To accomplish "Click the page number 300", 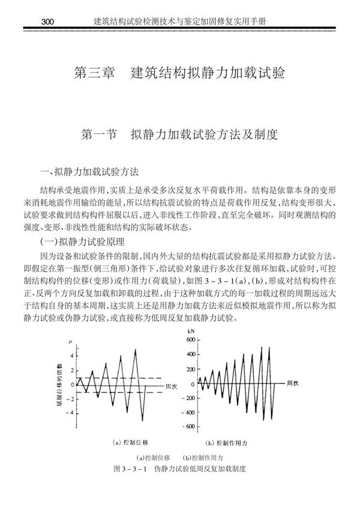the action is coord(46,22).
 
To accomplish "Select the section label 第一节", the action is coord(100,133).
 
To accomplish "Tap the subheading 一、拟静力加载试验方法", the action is coord(89,171).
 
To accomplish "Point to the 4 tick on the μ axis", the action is coord(72,355).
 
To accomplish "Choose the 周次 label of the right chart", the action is coord(293,382).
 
